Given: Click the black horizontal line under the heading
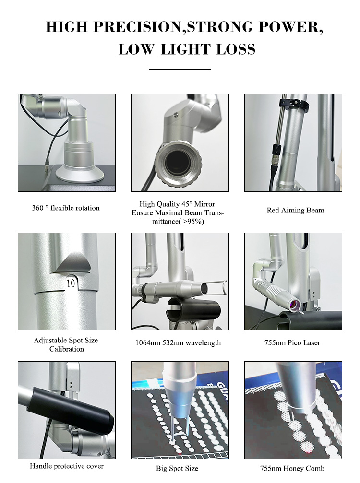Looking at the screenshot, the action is [180, 69].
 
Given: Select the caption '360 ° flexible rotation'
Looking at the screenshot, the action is [66, 208].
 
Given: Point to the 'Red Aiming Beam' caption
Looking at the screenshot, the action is [296, 211].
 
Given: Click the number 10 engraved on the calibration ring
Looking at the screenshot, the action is [71, 283].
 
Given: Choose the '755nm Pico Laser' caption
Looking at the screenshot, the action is [292, 342].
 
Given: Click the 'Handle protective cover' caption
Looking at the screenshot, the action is [67, 466].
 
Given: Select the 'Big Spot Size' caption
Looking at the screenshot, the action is [177, 469].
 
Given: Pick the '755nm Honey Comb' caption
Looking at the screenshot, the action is [292, 469].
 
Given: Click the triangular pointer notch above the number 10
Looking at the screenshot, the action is [71, 264].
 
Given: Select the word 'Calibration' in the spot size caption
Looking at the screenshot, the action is [67, 349].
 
